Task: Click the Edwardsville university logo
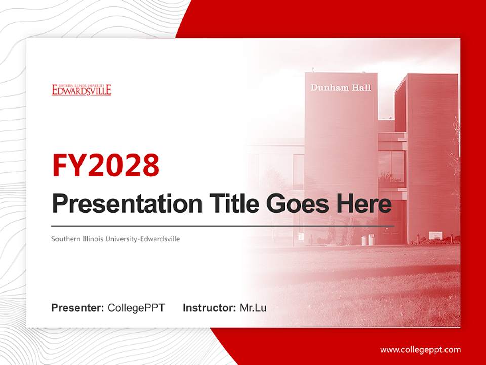click(x=82, y=90)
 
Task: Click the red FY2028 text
click(x=106, y=165)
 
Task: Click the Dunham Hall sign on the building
click(x=340, y=88)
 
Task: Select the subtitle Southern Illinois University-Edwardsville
click(x=115, y=238)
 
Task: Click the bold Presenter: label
click(x=78, y=308)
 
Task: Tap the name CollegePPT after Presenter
click(x=136, y=308)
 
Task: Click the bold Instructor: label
click(x=209, y=308)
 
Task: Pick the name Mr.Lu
click(x=253, y=308)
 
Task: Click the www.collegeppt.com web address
click(x=420, y=350)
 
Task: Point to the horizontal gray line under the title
click(x=223, y=226)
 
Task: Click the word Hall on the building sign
click(x=360, y=88)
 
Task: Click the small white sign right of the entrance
click(x=435, y=235)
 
